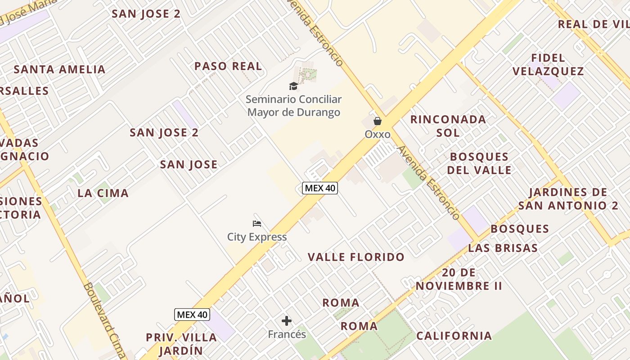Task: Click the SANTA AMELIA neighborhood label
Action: pos(59,69)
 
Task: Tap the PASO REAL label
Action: pos(228,66)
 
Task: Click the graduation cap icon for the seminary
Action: pos(293,86)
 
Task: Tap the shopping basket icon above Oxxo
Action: pos(377,121)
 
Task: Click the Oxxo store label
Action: pos(377,134)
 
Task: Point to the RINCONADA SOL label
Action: pos(448,126)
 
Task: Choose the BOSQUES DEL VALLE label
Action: pos(480,163)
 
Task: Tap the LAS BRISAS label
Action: pos(503,248)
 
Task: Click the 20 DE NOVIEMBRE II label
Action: pos(459,279)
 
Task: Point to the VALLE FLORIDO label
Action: pos(356,257)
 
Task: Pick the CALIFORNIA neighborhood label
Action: pos(454,336)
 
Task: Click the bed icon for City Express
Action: pos(257,224)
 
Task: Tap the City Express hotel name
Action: pos(256,237)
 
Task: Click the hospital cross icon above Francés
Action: pos(287,321)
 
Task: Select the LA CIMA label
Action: pos(103,193)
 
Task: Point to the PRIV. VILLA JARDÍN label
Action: pos(181,344)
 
